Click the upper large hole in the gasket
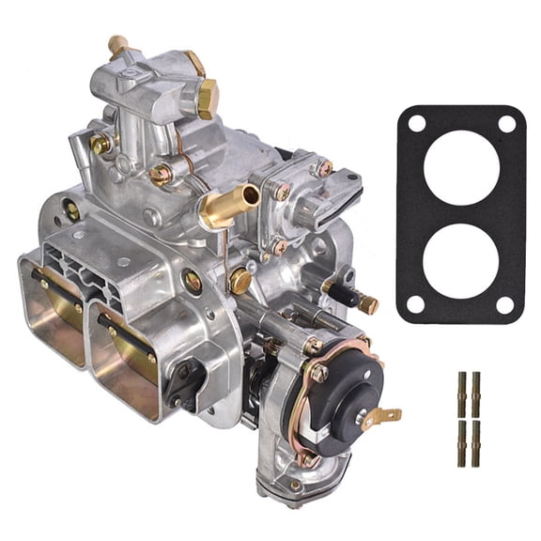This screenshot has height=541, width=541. pyautogui.click(x=461, y=167)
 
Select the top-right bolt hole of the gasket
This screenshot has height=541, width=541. pyautogui.click(x=506, y=123)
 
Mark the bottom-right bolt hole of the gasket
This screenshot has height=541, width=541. pyautogui.click(x=505, y=304)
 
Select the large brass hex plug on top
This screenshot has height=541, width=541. pyautogui.click(x=206, y=97)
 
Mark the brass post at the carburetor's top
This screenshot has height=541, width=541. pyautogui.click(x=118, y=45)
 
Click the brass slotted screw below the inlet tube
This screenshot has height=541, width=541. pyautogui.click(x=240, y=279)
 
